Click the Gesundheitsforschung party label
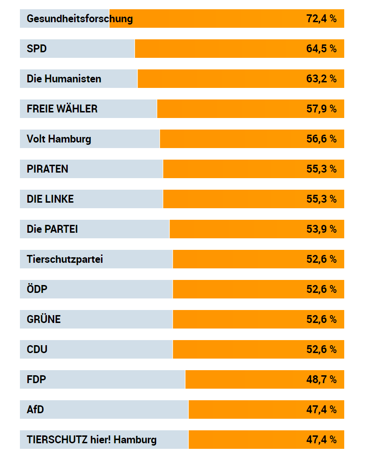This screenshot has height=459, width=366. [x=80, y=19]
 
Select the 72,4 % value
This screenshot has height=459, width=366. [x=321, y=19]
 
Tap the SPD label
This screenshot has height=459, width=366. [x=37, y=49]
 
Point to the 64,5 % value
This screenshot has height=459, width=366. [x=321, y=49]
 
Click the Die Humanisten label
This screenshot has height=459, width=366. [x=64, y=79]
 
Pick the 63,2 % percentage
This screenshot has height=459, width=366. [x=321, y=79]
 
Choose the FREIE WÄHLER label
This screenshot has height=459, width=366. [x=62, y=109]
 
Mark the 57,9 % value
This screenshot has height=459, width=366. [x=321, y=109]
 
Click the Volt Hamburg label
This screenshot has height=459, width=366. [x=59, y=139]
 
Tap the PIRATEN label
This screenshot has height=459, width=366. [x=47, y=169]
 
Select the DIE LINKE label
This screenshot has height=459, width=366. [x=50, y=199]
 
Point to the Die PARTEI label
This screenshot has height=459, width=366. [x=52, y=229]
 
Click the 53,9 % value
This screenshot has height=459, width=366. [x=321, y=229]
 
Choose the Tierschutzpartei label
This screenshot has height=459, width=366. [x=65, y=259]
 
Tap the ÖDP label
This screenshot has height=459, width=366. [x=37, y=289]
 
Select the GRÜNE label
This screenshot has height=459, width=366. [x=44, y=319]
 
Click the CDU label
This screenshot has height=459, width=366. [x=37, y=349]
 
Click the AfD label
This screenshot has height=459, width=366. [x=36, y=409]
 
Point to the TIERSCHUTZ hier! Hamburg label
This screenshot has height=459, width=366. [x=92, y=440]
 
